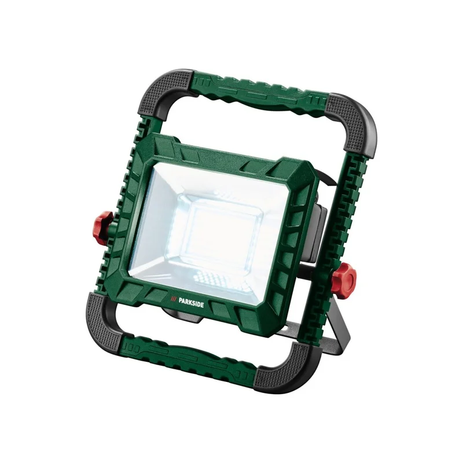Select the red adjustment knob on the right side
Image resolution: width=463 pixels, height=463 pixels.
coord(346,279)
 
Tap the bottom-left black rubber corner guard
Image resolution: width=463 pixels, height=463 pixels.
coord(102,319)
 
